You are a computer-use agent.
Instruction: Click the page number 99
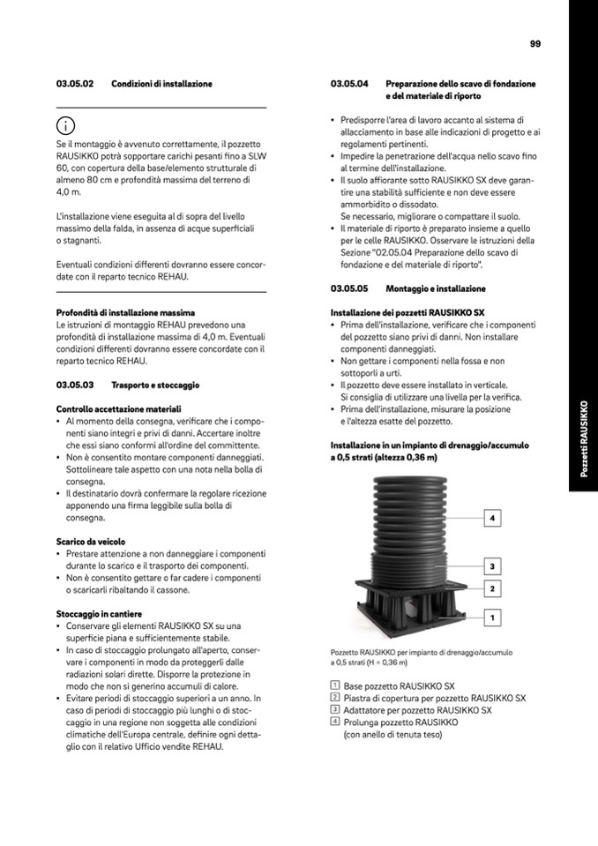pyautogui.click(x=535, y=43)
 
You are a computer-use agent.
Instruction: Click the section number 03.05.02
pyautogui.click(x=75, y=84)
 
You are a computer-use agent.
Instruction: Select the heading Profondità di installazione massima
pyautogui.click(x=125, y=312)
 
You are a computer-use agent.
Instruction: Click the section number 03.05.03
pyautogui.click(x=75, y=386)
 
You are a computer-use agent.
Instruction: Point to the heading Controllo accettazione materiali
pyautogui.click(x=118, y=409)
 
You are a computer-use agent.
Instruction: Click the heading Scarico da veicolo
pyautogui.click(x=91, y=541)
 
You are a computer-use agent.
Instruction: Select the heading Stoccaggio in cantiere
pyautogui.click(x=99, y=613)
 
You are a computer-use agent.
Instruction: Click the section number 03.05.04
pyautogui.click(x=349, y=84)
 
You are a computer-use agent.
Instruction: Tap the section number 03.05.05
pyautogui.click(x=349, y=288)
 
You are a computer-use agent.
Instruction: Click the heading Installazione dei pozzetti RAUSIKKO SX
pyautogui.click(x=407, y=312)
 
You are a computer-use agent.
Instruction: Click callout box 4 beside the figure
pyautogui.click(x=493, y=518)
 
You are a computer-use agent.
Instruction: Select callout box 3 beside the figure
pyautogui.click(x=493, y=565)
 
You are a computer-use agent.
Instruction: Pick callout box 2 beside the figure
pyautogui.click(x=493, y=588)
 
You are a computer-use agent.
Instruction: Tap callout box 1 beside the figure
pyautogui.click(x=493, y=617)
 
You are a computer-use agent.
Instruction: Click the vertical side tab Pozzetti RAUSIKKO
pyautogui.click(x=583, y=439)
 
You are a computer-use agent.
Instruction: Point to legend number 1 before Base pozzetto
pyautogui.click(x=335, y=685)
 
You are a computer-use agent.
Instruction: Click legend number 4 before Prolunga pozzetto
pyautogui.click(x=335, y=722)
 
